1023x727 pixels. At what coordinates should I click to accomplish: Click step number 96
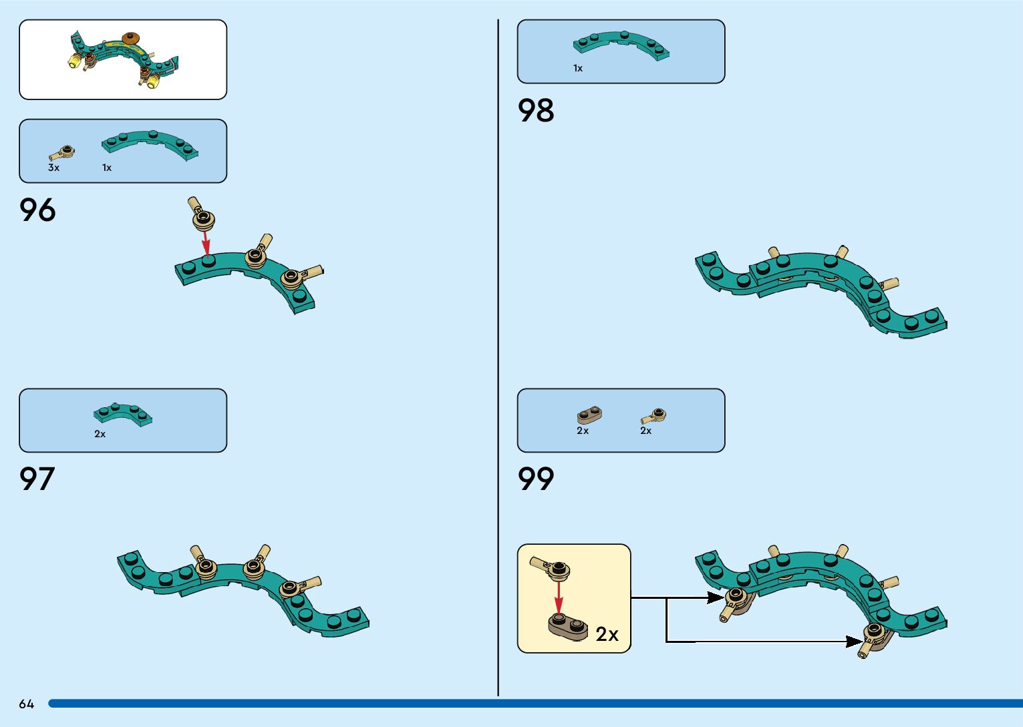point(37,210)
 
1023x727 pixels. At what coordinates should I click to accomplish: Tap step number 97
point(37,479)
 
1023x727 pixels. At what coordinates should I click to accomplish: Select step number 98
point(536,110)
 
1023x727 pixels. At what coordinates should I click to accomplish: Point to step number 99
point(536,479)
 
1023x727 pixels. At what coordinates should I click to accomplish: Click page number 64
point(26,704)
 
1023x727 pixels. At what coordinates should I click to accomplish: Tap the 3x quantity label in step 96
point(53,168)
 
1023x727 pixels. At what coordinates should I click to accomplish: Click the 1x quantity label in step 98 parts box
point(578,68)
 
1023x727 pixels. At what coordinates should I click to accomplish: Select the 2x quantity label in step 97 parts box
point(100,434)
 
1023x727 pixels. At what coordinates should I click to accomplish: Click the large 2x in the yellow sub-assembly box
point(607,634)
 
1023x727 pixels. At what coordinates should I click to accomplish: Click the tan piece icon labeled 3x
point(61,153)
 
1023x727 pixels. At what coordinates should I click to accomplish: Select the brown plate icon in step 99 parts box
point(589,415)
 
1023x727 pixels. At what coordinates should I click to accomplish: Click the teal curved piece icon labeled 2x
point(122,414)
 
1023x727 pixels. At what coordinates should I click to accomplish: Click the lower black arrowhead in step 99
point(855,642)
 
